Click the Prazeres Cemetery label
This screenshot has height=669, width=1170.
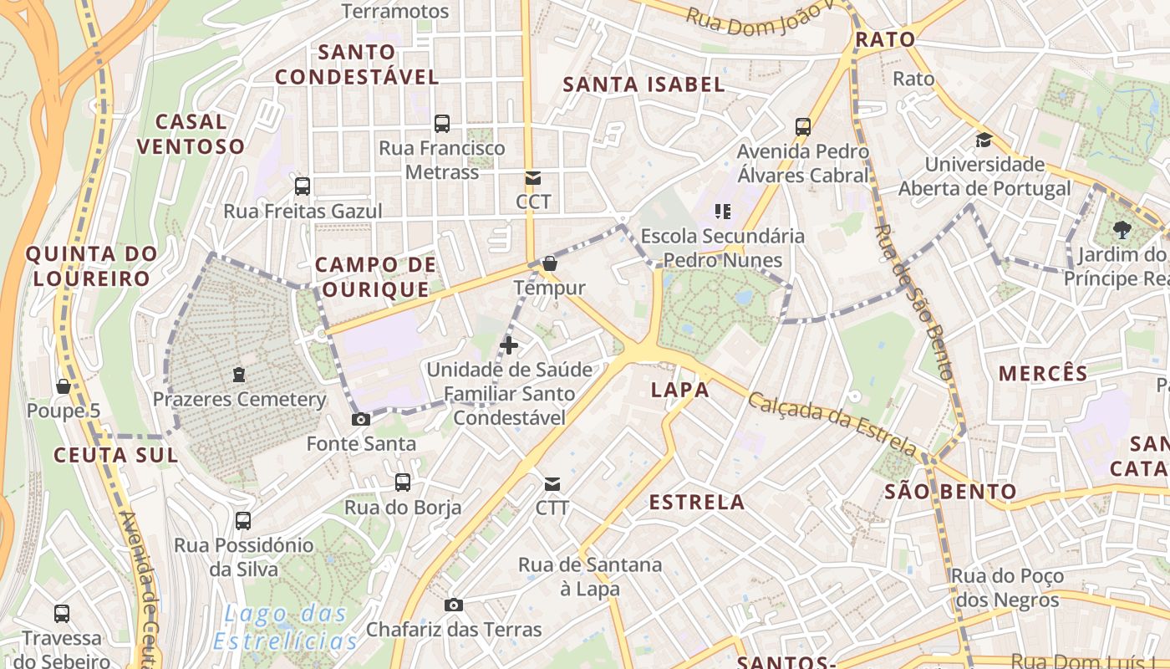tap(239, 399)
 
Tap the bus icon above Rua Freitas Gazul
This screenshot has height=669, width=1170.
tap(303, 186)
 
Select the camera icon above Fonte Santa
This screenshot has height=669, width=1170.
tap(361, 419)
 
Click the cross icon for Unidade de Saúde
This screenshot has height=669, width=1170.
tap(508, 345)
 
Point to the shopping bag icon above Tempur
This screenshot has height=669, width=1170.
tap(549, 263)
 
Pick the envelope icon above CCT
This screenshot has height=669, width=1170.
tap(532, 177)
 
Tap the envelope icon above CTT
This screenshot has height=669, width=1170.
tap(552, 483)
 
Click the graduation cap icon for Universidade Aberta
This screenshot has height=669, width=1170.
tap(984, 140)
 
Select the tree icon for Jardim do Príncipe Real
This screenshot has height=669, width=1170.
tap(1122, 230)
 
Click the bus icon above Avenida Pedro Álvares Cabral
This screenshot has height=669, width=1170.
tap(803, 127)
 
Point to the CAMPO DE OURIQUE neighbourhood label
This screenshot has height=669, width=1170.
tap(375, 278)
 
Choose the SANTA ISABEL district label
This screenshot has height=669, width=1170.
tap(643, 84)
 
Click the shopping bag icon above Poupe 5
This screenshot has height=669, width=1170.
tap(63, 386)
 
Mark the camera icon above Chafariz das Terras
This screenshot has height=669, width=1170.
tap(454, 605)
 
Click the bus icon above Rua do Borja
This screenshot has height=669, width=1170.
tap(403, 482)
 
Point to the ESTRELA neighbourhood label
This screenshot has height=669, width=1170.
tap(697, 502)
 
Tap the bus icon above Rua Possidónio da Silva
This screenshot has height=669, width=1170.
tap(243, 521)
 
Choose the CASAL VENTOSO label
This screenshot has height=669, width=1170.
tap(191, 134)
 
